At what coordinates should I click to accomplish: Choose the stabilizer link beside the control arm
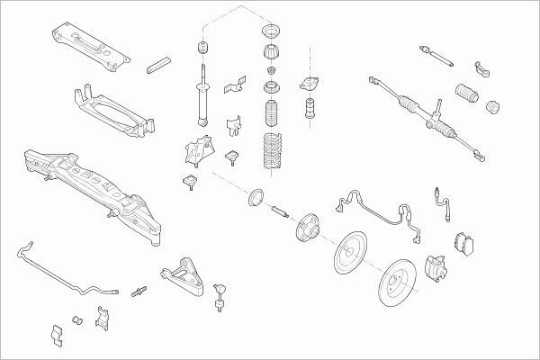220,300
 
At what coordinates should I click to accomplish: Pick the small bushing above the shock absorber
201,46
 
